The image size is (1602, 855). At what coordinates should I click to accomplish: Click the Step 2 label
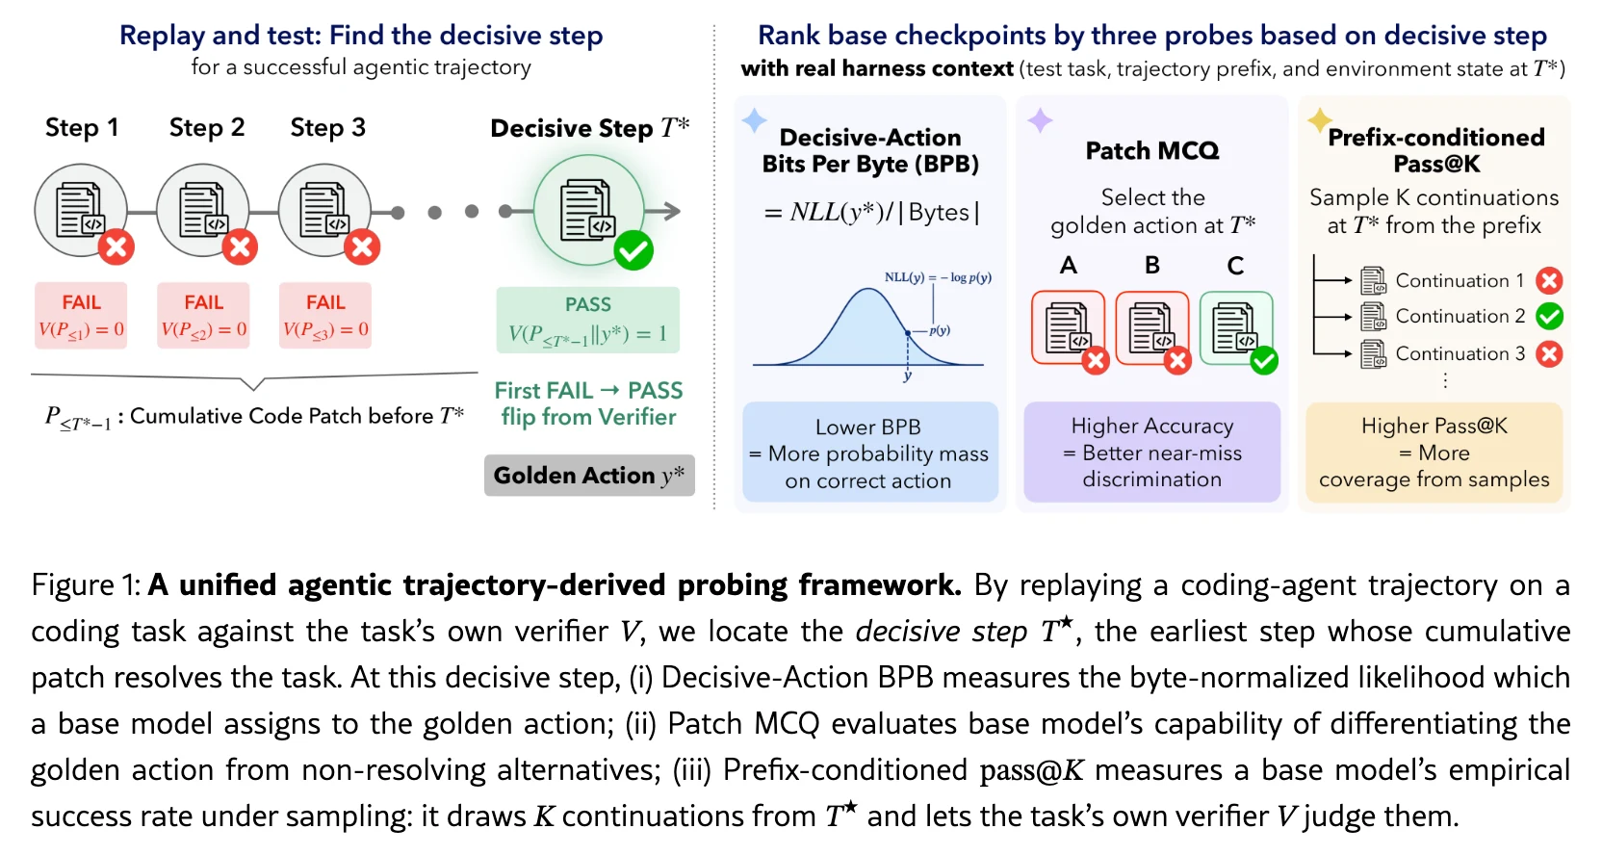[x=207, y=128]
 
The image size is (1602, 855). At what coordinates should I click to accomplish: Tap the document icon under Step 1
[x=81, y=210]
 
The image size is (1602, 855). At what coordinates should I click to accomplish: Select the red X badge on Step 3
[x=362, y=246]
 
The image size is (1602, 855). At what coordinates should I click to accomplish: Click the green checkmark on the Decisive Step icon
[x=633, y=251]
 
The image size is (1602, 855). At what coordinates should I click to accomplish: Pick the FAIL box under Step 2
[x=203, y=315]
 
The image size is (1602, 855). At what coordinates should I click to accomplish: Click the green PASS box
[x=588, y=320]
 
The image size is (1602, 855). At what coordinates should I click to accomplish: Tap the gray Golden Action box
[x=589, y=475]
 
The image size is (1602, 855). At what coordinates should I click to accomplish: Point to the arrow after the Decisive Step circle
[x=662, y=211]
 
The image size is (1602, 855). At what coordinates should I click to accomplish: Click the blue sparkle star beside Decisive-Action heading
[x=755, y=121]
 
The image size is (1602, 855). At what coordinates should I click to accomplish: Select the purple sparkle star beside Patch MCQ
[x=1040, y=120]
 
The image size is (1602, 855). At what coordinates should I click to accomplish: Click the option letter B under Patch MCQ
[x=1152, y=266]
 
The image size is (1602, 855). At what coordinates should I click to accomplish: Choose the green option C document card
[x=1236, y=328]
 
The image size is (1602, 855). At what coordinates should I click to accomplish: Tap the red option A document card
[x=1069, y=328]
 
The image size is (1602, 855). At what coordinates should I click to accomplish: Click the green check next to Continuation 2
[x=1550, y=316]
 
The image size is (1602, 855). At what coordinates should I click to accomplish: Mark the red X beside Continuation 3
[x=1550, y=353]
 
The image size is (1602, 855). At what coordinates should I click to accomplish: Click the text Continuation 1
[x=1460, y=280]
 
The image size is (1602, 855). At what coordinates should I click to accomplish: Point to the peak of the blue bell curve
[x=868, y=289]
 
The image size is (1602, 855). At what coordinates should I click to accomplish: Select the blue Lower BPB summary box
[x=869, y=453]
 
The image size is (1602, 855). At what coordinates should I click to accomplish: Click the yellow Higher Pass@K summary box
[x=1434, y=453]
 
